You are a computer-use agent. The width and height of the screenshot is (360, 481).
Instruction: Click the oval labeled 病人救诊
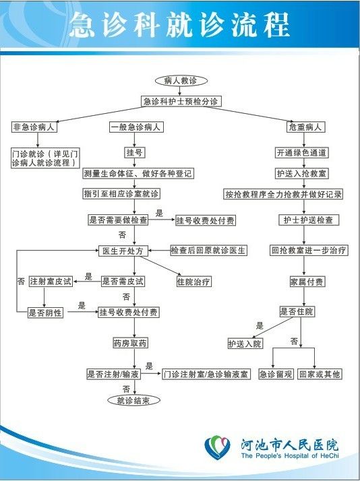(x=181, y=81)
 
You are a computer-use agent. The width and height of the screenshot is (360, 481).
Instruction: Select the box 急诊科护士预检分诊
(x=181, y=101)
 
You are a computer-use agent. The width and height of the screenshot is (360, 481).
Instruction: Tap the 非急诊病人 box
(x=34, y=127)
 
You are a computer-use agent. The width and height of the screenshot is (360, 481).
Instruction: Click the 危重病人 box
(x=305, y=127)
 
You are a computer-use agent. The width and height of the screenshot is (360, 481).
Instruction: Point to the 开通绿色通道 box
(x=302, y=153)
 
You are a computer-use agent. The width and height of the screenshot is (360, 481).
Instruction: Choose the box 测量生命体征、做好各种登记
(x=138, y=174)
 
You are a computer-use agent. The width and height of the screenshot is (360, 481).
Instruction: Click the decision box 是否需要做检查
(x=118, y=220)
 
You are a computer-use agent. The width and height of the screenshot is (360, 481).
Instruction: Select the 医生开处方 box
(x=123, y=251)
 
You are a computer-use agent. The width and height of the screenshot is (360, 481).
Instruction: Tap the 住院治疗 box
(x=193, y=282)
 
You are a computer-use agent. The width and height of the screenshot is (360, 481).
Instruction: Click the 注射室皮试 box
(x=51, y=282)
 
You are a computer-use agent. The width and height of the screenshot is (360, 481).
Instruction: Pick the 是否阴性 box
(x=45, y=313)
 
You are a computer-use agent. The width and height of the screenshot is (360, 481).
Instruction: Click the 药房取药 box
(x=130, y=343)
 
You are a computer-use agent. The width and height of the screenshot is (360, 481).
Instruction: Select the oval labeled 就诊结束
(x=133, y=400)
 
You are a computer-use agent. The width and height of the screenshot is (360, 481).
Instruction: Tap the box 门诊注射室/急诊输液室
(x=206, y=375)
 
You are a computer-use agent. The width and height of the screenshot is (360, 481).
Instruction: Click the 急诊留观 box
(x=276, y=375)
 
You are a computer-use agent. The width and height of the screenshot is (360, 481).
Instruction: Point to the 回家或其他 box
(x=319, y=375)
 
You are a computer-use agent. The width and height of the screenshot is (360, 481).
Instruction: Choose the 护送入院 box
(x=245, y=344)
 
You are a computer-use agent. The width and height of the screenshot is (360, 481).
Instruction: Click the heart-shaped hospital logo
(x=217, y=447)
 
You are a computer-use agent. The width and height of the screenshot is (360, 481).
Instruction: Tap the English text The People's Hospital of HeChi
(x=290, y=455)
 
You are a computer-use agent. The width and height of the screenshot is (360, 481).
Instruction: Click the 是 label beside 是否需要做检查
(x=159, y=213)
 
